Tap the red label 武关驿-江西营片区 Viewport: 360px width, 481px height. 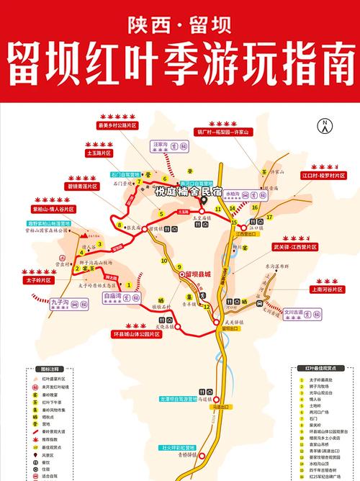click(x=326, y=247)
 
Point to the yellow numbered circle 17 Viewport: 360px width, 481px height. click(x=270, y=217)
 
